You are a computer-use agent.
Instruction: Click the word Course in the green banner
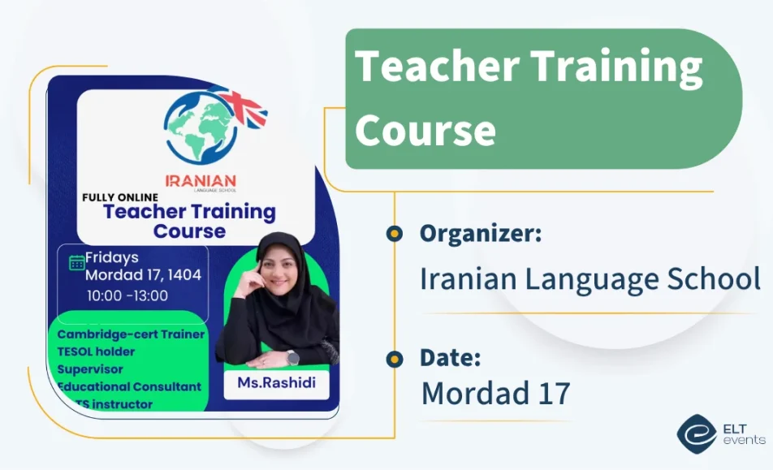425,130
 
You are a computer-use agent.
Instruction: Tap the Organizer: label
481,234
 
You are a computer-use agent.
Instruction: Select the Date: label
451,357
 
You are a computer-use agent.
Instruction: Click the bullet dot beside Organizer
395,234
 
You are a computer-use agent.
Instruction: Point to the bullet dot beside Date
395,358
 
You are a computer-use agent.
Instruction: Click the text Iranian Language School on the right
589,278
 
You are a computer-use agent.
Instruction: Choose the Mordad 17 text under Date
495,393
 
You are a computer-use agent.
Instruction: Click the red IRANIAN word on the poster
201,180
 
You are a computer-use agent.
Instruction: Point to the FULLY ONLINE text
120,196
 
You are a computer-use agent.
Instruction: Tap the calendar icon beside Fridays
77,262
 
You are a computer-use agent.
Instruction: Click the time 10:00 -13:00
127,295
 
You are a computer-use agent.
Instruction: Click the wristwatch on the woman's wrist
292,358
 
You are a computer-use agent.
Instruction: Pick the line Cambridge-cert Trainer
131,334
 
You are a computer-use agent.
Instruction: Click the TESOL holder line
97,351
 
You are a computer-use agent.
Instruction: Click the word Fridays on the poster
112,257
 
